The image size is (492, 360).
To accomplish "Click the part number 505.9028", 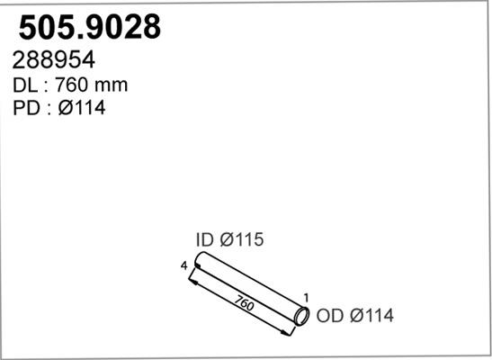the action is [x=90, y=27].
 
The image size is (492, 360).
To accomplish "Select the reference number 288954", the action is [x=54, y=60].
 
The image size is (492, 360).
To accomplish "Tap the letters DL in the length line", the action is [x=25, y=85].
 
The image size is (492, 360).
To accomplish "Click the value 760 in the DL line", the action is [x=71, y=85].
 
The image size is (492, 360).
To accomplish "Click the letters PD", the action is [x=26, y=108].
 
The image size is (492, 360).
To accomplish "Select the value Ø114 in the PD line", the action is [x=82, y=108].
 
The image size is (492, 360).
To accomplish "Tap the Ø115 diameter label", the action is [x=242, y=239].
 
